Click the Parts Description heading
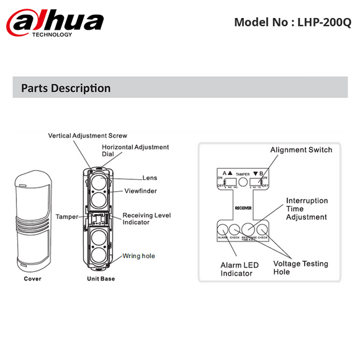(66, 88)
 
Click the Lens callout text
(150, 177)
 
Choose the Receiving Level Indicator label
(146, 218)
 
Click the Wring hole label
(138, 256)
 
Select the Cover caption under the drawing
(32, 279)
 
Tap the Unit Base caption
(101, 279)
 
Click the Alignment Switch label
(301, 150)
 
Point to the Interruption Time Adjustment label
(306, 209)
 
